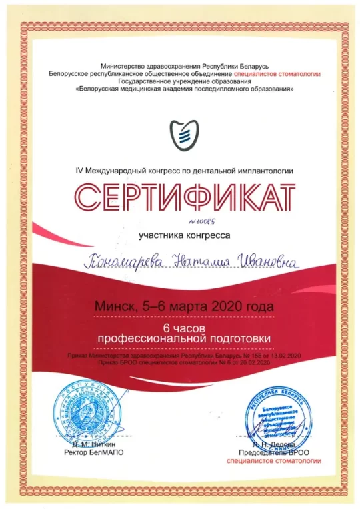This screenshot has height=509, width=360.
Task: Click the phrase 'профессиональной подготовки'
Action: [183, 339]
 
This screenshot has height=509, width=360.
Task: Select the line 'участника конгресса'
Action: [183, 235]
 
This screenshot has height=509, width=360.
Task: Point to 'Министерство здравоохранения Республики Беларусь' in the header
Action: [183, 67]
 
